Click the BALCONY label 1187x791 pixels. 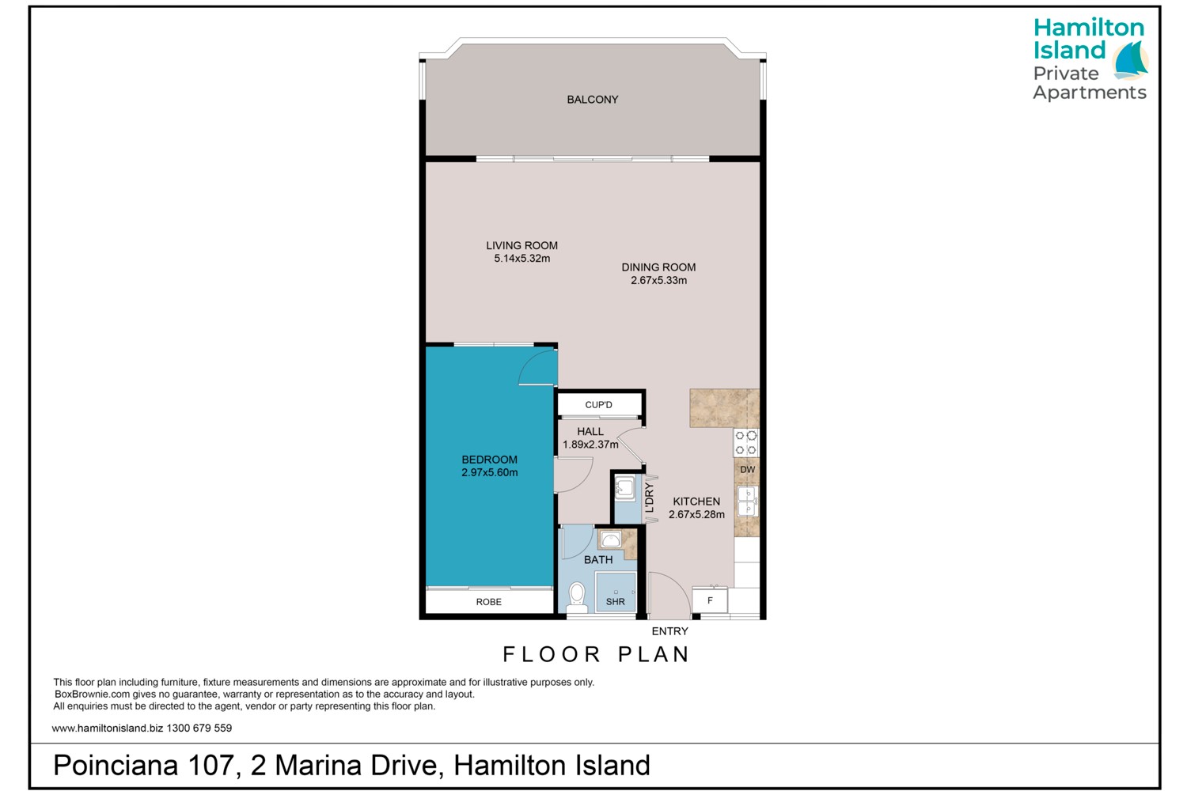[x=593, y=100]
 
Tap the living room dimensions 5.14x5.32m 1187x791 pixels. [x=522, y=259]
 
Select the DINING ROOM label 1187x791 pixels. [x=658, y=267]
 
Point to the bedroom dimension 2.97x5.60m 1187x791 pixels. [x=490, y=472]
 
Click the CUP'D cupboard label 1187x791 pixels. [x=599, y=405]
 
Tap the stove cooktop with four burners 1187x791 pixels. [x=746, y=443]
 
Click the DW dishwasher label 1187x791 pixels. [x=747, y=470]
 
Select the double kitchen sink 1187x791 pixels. [x=747, y=501]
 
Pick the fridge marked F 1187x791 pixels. [x=710, y=601]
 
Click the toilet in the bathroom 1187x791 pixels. [x=577, y=598]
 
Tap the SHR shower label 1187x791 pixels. [x=615, y=602]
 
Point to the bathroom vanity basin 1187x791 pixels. [x=611, y=540]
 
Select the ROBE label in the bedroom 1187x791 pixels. [x=488, y=602]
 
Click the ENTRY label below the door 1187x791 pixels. [x=669, y=631]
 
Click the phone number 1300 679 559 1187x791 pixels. [x=199, y=729]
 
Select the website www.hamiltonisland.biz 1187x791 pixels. [x=108, y=729]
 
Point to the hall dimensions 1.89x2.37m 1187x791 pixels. [x=590, y=445]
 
